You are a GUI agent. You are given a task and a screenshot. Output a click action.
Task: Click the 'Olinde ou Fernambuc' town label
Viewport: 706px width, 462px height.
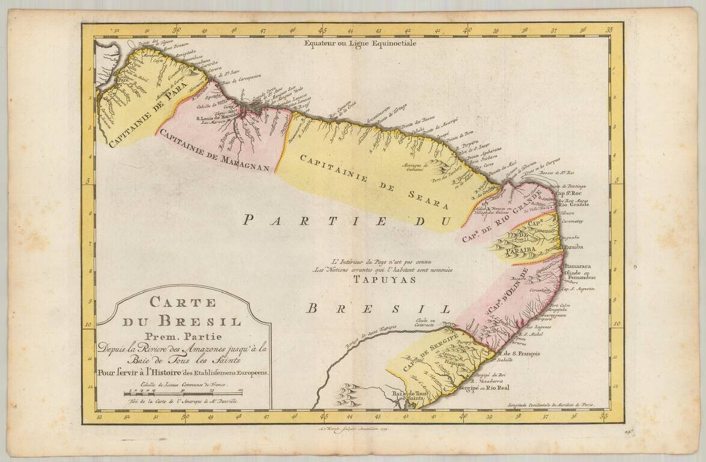pos(581,276)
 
